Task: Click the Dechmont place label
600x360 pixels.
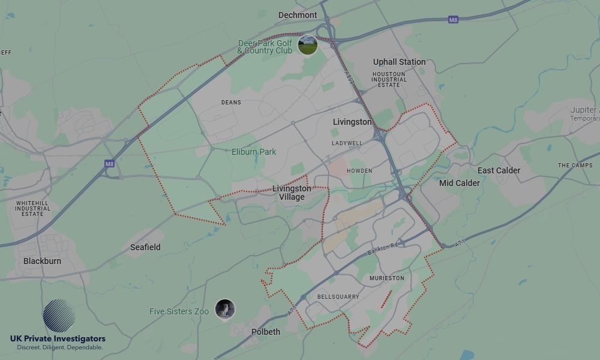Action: [x=298, y=15]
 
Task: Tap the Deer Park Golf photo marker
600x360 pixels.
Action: [x=308, y=44]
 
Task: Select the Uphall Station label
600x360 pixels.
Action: [x=399, y=62]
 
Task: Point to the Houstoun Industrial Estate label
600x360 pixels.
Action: [x=389, y=79]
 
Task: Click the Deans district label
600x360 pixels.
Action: [x=231, y=103]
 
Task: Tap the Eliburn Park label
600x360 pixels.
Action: [x=254, y=152]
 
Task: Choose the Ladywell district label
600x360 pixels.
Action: [x=347, y=143]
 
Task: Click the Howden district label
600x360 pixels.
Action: [x=359, y=171]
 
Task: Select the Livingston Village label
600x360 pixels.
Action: [x=292, y=193]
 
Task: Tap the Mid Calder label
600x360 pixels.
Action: [x=460, y=183]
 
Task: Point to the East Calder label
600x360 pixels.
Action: [x=499, y=170]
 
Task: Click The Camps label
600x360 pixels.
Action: [x=575, y=166]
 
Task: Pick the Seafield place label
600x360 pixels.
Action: [x=145, y=247]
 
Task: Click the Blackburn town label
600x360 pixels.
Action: [x=42, y=261]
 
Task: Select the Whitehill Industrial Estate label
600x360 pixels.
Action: [x=32, y=209]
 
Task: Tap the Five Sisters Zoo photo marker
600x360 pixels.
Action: [x=225, y=309]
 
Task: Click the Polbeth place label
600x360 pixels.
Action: [x=266, y=332]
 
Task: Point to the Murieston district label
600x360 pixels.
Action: [x=387, y=278]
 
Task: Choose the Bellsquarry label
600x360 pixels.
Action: [x=338, y=297]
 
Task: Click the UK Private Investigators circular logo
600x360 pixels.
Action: [x=59, y=316]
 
